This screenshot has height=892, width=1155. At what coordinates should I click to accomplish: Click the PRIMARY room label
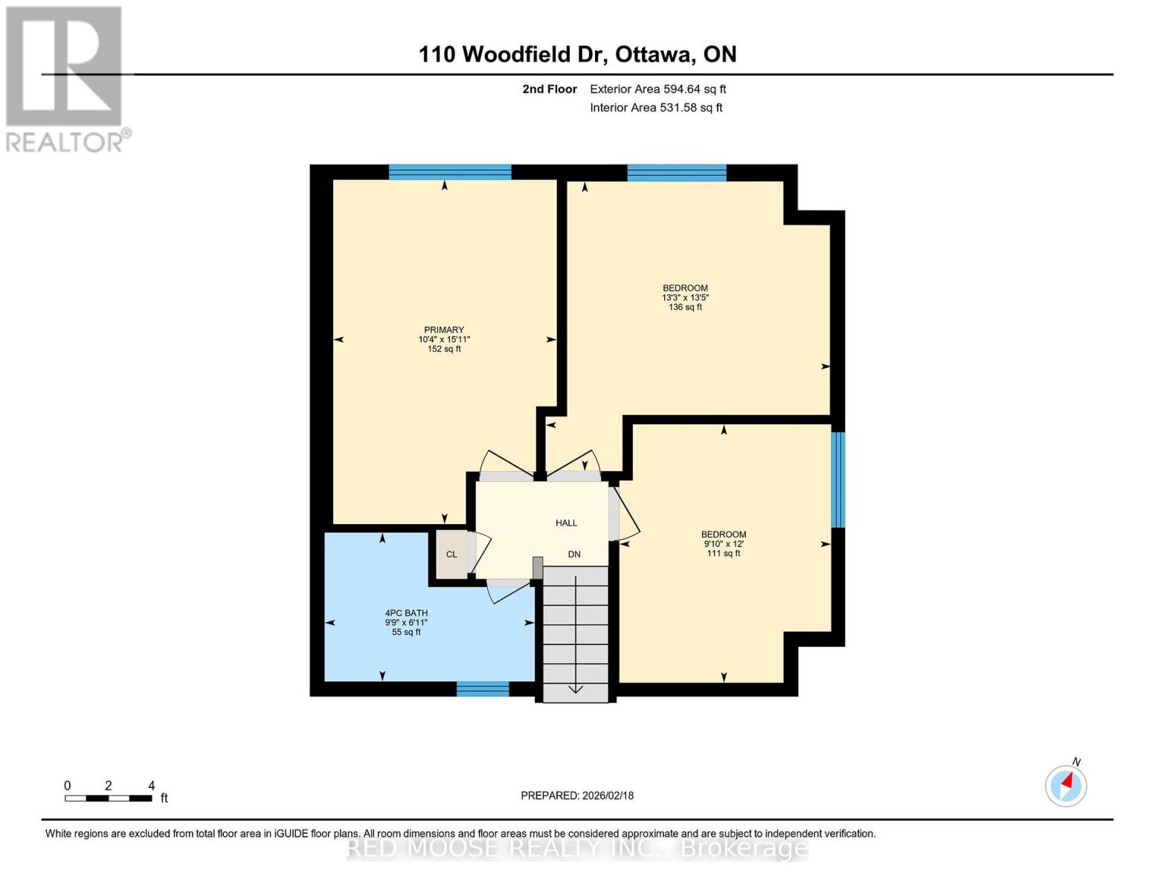[444, 330]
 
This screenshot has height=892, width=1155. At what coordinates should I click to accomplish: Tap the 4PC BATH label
[406, 613]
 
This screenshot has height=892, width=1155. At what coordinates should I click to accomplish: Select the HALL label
[566, 523]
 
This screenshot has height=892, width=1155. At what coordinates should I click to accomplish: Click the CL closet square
[451, 555]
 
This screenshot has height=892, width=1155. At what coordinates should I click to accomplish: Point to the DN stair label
[574, 555]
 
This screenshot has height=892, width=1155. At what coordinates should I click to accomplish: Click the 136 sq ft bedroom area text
[685, 307]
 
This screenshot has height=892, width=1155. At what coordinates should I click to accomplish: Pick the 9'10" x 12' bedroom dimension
[724, 544]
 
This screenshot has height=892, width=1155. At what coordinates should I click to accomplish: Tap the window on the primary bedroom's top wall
[450, 172]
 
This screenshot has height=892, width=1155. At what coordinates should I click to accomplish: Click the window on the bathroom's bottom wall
[482, 689]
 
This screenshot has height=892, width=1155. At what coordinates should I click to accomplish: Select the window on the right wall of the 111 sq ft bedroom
[837, 479]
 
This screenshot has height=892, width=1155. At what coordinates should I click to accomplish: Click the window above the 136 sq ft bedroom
[676, 172]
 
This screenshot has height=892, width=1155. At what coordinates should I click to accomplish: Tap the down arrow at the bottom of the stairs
[576, 688]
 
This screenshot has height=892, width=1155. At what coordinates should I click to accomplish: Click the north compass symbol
[1066, 785]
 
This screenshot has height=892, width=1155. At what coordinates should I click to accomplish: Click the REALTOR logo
[65, 78]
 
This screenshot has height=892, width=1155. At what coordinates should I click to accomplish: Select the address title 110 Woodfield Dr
[577, 54]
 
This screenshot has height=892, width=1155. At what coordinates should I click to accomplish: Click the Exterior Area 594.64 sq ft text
[657, 89]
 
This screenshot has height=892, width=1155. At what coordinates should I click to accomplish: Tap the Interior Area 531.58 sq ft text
[656, 108]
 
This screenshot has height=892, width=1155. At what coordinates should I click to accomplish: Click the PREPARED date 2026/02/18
[577, 795]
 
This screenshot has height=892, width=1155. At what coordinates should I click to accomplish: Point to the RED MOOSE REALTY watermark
[577, 848]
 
